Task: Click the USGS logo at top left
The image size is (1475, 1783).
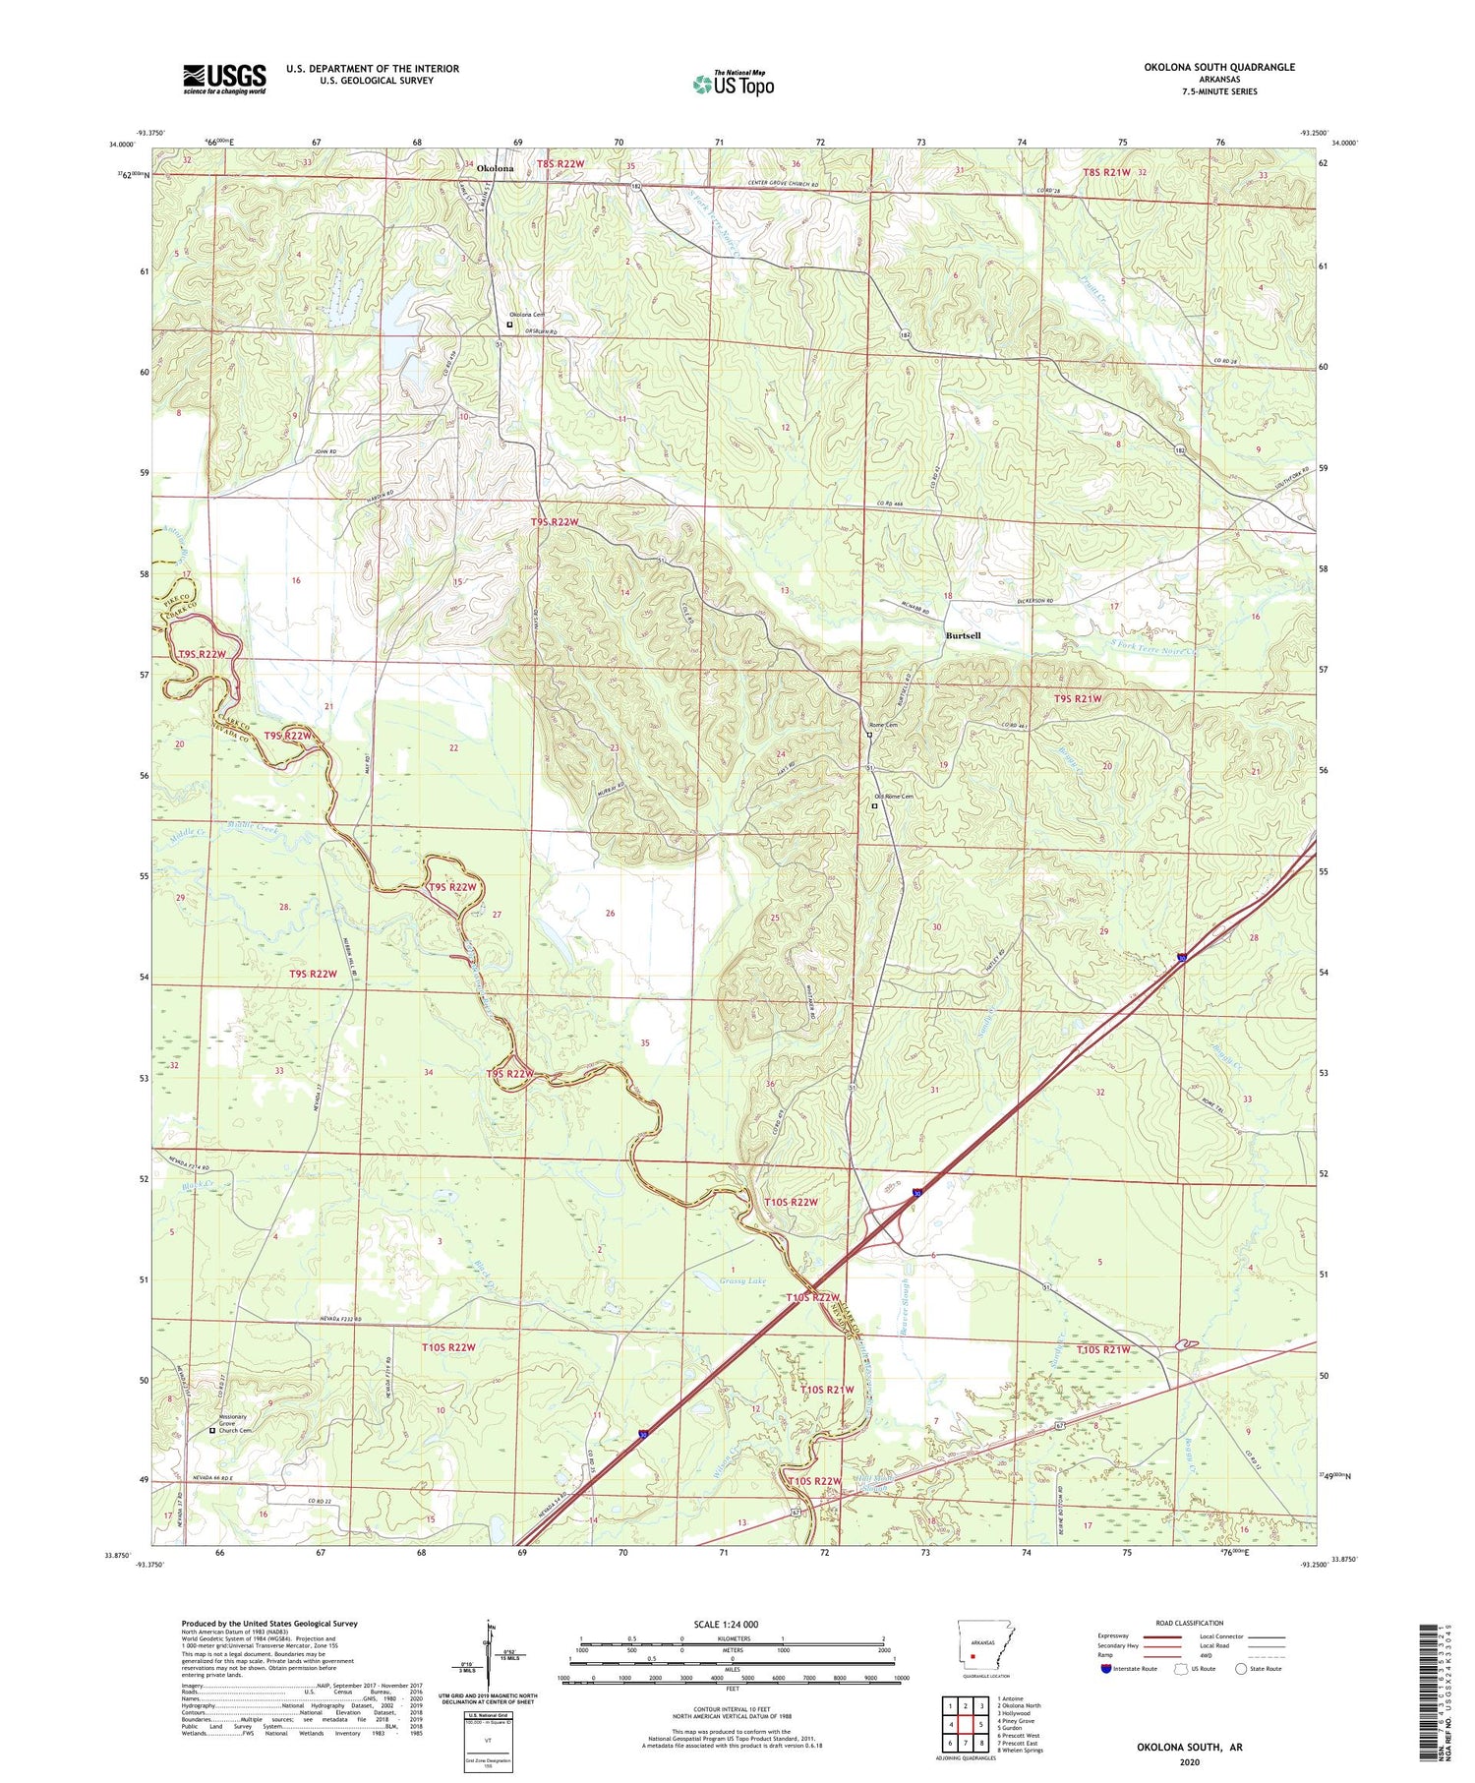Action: pyautogui.click(x=224, y=79)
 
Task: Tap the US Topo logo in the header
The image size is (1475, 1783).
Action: pyautogui.click(x=733, y=85)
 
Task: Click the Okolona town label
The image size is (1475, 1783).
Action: pyautogui.click(x=495, y=168)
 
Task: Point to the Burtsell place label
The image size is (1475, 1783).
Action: pyautogui.click(x=963, y=635)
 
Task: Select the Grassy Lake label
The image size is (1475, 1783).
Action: pyautogui.click(x=741, y=1281)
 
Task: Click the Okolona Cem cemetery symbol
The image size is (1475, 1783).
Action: pyautogui.click(x=508, y=325)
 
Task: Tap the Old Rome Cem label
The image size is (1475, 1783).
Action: pyautogui.click(x=895, y=798)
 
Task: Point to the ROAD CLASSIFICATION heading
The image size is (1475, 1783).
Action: pyautogui.click(x=1190, y=1623)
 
